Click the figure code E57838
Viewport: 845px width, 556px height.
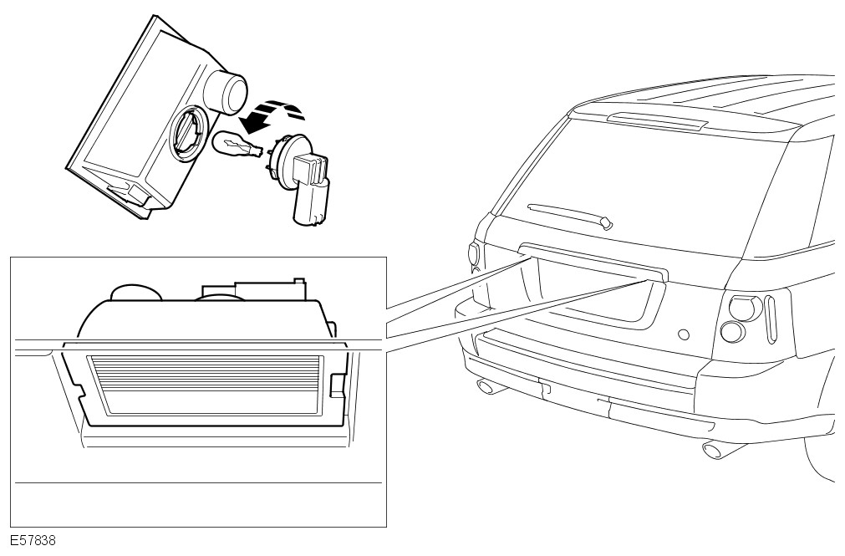coord(33,540)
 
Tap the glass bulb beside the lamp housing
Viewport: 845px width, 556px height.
coord(237,145)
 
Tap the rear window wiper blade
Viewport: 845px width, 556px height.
coord(570,216)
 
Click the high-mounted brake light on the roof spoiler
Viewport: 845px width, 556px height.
coord(656,120)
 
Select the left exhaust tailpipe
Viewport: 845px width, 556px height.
coord(489,386)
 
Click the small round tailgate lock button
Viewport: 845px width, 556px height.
coord(684,334)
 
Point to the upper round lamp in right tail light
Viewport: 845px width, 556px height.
coord(745,308)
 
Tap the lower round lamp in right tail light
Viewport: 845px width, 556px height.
coord(733,332)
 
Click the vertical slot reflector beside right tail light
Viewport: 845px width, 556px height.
coord(771,319)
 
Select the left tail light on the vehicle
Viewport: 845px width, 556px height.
coord(474,254)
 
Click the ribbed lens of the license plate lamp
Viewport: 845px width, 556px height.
coord(209,385)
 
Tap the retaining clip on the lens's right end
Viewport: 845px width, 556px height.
coord(338,385)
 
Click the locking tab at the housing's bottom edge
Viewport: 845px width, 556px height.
coord(130,194)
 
